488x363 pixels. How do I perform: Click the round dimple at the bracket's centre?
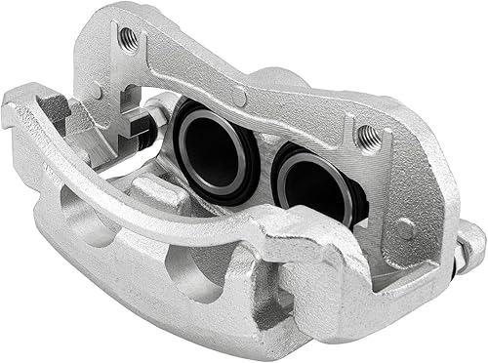(x=239, y=96)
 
